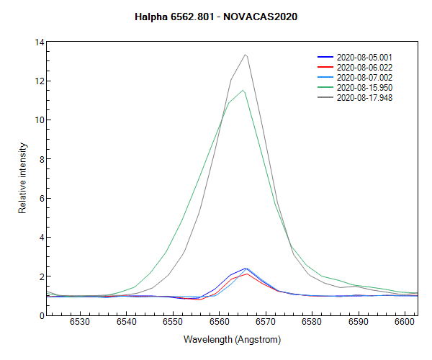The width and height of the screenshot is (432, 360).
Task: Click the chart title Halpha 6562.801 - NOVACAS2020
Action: tap(216, 16)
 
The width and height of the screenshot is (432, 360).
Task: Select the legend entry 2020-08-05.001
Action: tap(364, 57)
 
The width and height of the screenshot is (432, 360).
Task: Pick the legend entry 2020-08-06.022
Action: tap(364, 67)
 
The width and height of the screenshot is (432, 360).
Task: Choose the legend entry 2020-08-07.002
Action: tap(364, 77)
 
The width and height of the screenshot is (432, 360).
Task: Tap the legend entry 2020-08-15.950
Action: tap(364, 87)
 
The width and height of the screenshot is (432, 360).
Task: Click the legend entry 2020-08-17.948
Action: tap(364, 97)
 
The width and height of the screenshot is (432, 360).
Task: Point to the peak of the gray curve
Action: tap(246, 55)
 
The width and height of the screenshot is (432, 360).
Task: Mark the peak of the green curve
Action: tap(243, 90)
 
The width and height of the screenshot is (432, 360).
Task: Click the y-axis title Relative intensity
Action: tap(22, 178)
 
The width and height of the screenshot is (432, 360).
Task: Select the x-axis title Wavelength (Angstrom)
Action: tap(232, 339)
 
